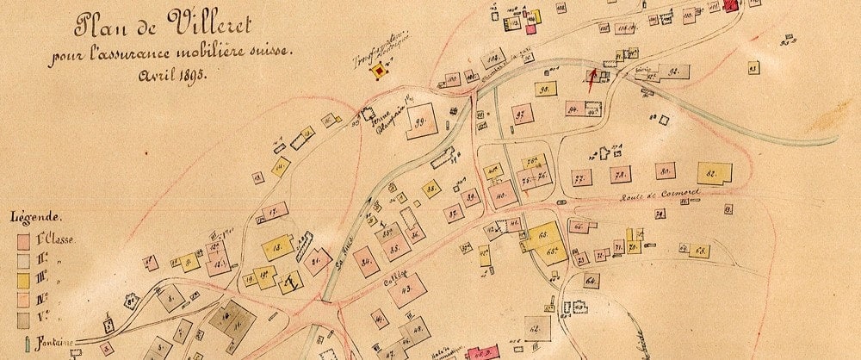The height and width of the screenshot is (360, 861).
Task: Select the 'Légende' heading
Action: pos(34,217)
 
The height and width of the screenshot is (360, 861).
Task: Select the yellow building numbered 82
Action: pos(713,174)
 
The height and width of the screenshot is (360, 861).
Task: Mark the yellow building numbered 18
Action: pos(277,249)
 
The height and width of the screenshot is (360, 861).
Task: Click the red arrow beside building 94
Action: pos(591,79)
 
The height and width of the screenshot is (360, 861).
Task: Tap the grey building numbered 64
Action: pos(591,281)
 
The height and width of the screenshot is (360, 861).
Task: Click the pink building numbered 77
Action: pos(579,178)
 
